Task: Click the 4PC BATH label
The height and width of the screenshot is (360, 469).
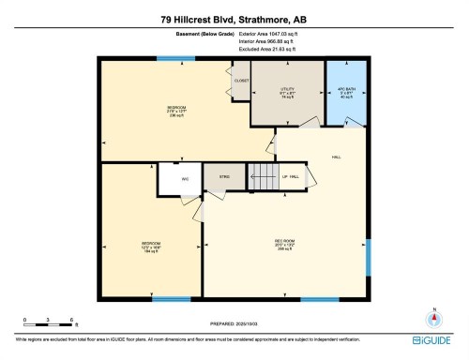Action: point(344,90)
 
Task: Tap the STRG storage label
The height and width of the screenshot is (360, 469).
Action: point(224,176)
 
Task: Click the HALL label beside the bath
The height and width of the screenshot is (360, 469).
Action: point(335,157)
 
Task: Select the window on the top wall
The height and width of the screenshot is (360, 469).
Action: point(170,59)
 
